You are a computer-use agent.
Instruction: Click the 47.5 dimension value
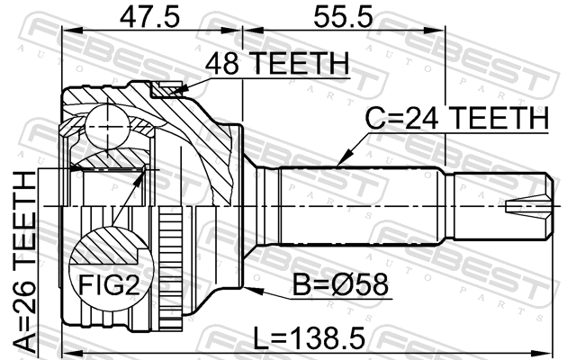point(149,17)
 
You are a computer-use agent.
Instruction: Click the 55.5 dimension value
point(343,17)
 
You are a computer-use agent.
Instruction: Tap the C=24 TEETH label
point(457,118)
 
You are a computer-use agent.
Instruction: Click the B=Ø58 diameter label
point(340,284)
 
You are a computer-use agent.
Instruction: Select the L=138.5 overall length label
point(310,338)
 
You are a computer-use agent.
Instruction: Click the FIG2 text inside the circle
point(110,284)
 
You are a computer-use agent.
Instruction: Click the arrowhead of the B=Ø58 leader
point(253,290)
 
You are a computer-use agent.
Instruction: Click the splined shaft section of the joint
point(361,206)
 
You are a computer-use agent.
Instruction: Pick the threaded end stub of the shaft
point(503,206)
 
